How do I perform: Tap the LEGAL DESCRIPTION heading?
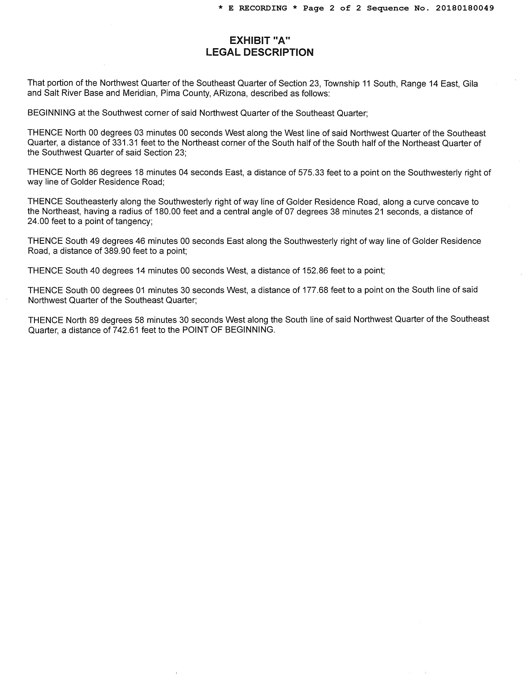(259, 52)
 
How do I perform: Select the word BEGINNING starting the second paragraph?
(51, 113)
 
